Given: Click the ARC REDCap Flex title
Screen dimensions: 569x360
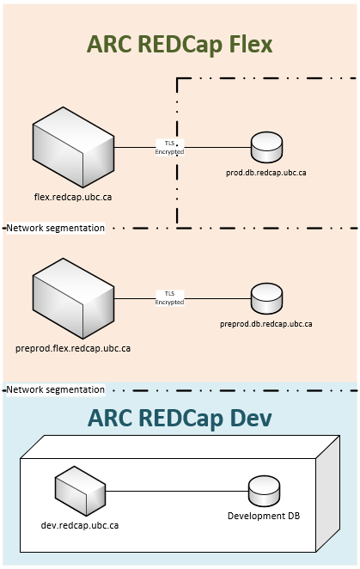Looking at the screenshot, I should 180,45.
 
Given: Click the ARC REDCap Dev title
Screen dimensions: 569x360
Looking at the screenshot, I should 180,418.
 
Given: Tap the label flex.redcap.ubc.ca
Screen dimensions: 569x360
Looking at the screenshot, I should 72,198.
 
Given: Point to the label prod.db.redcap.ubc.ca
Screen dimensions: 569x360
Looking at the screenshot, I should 265,173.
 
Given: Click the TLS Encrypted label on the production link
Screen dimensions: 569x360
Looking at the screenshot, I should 169,147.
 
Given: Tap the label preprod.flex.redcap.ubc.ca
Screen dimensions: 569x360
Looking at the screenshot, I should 73,348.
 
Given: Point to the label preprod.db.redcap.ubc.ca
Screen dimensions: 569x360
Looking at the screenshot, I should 265,324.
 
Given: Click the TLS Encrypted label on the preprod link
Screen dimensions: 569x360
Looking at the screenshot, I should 169,298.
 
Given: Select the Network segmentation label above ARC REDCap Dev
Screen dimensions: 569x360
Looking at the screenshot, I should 56,389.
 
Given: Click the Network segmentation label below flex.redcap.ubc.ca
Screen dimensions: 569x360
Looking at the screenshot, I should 56,228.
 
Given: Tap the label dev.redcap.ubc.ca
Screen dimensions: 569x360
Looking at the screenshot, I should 80,523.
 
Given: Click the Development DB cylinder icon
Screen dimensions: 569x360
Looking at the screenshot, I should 263,492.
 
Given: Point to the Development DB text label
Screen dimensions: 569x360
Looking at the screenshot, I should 263,516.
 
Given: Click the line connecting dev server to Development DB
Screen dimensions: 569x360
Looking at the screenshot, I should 176,492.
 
